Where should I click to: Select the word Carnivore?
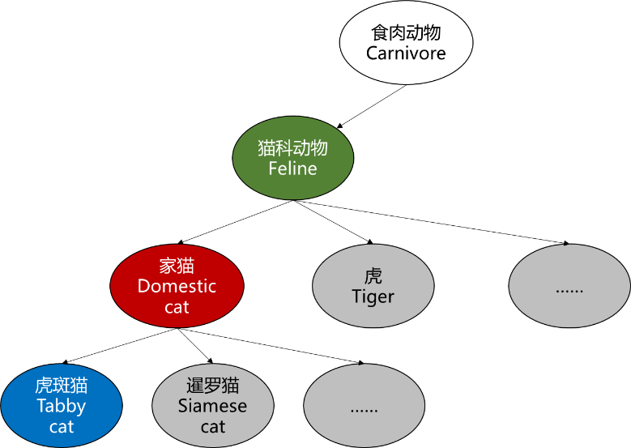(x=406, y=53)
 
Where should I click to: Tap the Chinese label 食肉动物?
(x=406, y=32)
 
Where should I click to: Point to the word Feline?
(x=292, y=169)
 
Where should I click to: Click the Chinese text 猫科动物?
(x=292, y=148)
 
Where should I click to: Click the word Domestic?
(x=177, y=286)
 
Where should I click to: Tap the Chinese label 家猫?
(x=177, y=266)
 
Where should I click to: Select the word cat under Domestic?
(x=177, y=307)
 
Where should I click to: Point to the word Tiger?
(x=373, y=297)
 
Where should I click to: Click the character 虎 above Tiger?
(x=373, y=275)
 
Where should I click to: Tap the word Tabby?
(x=62, y=406)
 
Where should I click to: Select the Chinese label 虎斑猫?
(x=62, y=385)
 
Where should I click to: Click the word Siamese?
(x=212, y=406)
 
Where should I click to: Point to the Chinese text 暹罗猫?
(x=212, y=385)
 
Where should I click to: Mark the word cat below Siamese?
(x=212, y=427)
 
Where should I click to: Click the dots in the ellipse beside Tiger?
(x=569, y=288)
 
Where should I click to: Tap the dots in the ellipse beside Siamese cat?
(x=364, y=408)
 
